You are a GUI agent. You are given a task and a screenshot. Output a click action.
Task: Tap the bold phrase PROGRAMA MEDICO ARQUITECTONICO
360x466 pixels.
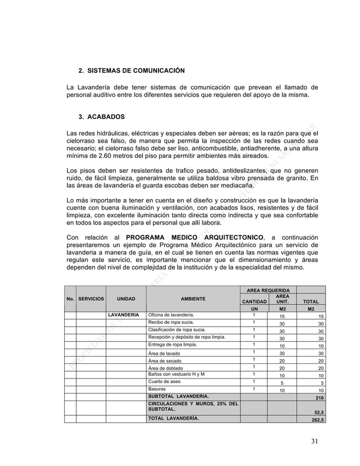click(x=195, y=237)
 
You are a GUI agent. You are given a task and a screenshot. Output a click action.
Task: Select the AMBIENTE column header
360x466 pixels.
click(x=193, y=298)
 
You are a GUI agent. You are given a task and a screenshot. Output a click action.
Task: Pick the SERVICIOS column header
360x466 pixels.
click(x=91, y=298)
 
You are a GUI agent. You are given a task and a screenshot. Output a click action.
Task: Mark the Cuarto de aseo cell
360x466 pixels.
click(x=165, y=381)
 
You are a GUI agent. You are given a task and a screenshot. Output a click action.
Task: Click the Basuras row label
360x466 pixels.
click(x=157, y=389)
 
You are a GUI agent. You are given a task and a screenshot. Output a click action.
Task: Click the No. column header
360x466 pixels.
click(x=70, y=298)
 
